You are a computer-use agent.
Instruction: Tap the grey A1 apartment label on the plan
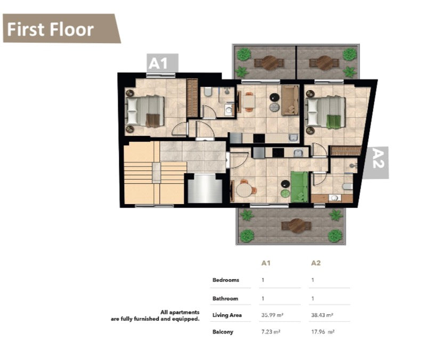click(x=162, y=63)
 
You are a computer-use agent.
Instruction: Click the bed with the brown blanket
click(x=145, y=111)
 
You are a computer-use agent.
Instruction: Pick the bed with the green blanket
click(x=326, y=112)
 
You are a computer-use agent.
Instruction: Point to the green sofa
click(x=299, y=187)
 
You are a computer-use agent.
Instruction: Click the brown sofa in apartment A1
click(x=290, y=100)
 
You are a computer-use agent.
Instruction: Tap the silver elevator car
click(x=205, y=189)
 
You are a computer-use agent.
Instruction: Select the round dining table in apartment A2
click(x=244, y=190)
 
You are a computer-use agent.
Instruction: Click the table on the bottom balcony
click(x=297, y=226)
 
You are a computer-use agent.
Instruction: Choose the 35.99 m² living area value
click(x=272, y=315)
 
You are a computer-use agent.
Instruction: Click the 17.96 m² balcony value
click(x=323, y=332)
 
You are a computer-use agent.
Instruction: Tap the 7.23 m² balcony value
click(x=271, y=332)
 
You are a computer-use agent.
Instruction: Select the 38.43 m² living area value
click(x=322, y=315)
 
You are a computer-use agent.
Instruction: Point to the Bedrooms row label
click(x=226, y=280)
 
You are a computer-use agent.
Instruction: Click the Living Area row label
click(x=227, y=315)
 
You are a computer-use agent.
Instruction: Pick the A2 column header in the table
click(x=316, y=263)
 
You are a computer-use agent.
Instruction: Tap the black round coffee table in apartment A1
click(x=274, y=97)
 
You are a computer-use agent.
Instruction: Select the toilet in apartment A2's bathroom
click(x=348, y=186)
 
